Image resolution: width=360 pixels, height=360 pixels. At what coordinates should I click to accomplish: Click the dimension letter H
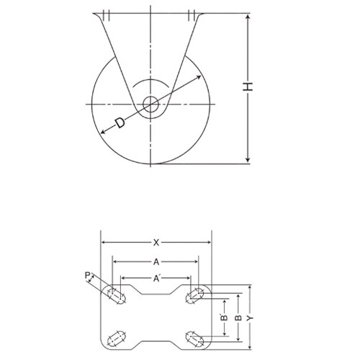tap(248, 87)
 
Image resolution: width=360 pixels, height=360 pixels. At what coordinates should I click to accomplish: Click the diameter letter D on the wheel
tap(120, 125)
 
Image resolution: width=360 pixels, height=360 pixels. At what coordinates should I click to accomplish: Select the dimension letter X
tap(156, 242)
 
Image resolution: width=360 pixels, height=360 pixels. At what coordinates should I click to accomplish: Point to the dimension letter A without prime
tap(156, 261)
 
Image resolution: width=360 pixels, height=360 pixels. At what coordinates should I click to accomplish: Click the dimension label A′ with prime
tap(157, 278)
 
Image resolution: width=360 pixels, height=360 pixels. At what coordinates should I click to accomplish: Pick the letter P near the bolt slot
tap(87, 275)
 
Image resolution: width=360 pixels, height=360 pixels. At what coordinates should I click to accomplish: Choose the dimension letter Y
tap(250, 317)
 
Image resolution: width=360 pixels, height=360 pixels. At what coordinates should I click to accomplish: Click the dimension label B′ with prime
tap(224, 317)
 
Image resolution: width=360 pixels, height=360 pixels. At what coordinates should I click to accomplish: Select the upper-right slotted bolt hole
tap(195, 294)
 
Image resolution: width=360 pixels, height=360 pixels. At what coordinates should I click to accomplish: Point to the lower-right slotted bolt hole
tap(195, 337)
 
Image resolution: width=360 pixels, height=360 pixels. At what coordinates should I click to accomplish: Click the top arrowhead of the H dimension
tap(248, 16)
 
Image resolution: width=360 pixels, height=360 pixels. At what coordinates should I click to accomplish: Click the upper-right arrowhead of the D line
tap(198, 76)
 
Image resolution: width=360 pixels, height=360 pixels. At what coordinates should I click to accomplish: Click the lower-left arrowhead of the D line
tap(102, 132)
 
